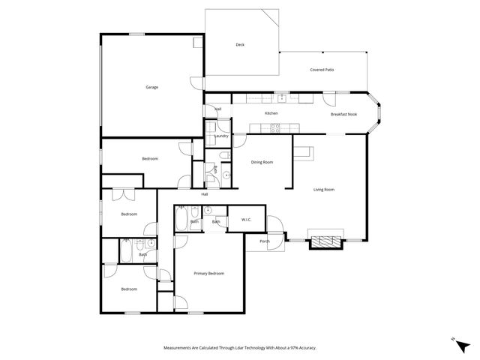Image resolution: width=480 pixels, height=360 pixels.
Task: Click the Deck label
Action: point(240,45)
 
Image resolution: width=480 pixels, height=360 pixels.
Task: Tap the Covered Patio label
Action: point(322,70)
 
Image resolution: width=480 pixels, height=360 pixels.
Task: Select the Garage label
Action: point(151,87)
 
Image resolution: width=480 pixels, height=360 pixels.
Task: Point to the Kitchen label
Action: point(271,113)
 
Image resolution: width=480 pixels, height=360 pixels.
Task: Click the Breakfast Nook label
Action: point(343,114)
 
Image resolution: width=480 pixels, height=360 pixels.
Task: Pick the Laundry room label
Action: point(221,136)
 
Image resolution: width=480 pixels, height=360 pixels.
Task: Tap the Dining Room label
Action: point(262,162)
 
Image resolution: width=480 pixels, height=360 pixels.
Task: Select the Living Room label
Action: point(323,189)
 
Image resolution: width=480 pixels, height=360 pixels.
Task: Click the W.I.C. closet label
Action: point(246,219)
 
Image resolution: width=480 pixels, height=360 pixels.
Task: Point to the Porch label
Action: point(265,241)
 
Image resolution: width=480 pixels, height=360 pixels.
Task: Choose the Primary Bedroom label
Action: point(208,273)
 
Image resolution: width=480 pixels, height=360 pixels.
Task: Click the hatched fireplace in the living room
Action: point(325,241)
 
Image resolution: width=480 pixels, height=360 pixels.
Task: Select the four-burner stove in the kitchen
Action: point(275,127)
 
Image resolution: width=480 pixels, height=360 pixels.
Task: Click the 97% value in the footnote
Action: point(292,348)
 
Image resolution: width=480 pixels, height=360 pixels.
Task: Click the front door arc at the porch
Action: point(277,225)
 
